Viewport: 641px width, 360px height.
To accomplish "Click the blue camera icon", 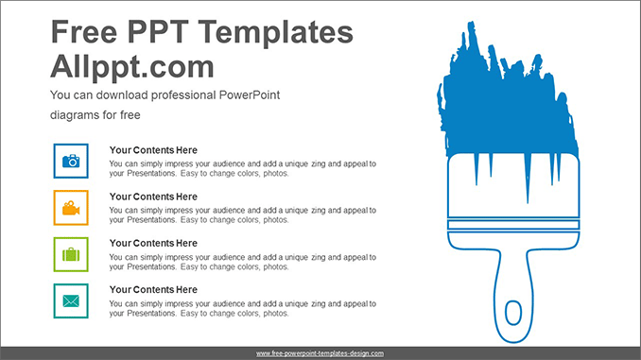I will tap(71, 162).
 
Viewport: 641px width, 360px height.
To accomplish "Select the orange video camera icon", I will tap(71, 208).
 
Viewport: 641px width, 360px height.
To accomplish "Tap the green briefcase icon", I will tap(71, 254).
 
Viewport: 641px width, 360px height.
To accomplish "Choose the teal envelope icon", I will tap(71, 300).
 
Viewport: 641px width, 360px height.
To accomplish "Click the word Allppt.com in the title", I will tap(131, 67).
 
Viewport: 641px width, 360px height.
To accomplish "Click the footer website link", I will tap(320, 353).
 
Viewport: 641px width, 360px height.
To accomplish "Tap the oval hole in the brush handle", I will tap(512, 313).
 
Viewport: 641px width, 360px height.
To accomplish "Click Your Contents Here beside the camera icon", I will tap(153, 150).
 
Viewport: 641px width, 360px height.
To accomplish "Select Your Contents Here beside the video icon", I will tap(153, 197).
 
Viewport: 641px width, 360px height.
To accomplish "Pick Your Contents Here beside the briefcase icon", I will tap(153, 243).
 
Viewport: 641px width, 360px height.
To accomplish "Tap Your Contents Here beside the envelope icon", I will tap(153, 289).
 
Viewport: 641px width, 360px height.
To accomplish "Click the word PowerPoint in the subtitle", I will tap(251, 95).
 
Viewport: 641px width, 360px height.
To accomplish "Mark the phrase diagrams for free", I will tap(95, 115).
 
